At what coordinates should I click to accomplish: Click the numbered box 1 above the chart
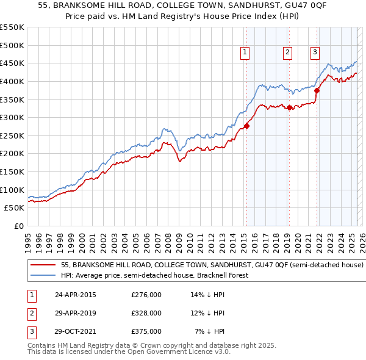tap(245, 53)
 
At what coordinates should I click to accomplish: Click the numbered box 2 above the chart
tap(287, 53)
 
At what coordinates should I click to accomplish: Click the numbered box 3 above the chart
tap(315, 53)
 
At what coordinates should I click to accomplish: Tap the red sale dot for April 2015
tap(246, 126)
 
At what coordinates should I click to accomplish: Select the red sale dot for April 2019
tap(289, 107)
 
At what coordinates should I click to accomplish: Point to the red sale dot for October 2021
tap(317, 90)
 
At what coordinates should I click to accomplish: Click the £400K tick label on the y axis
tap(12, 81)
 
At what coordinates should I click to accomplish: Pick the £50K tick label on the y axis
tap(15, 208)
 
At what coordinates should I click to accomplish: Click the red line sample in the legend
tap(43, 265)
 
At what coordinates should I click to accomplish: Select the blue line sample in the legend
tap(43, 275)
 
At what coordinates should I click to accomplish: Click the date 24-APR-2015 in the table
tap(76, 295)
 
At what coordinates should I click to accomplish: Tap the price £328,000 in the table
tap(146, 313)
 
